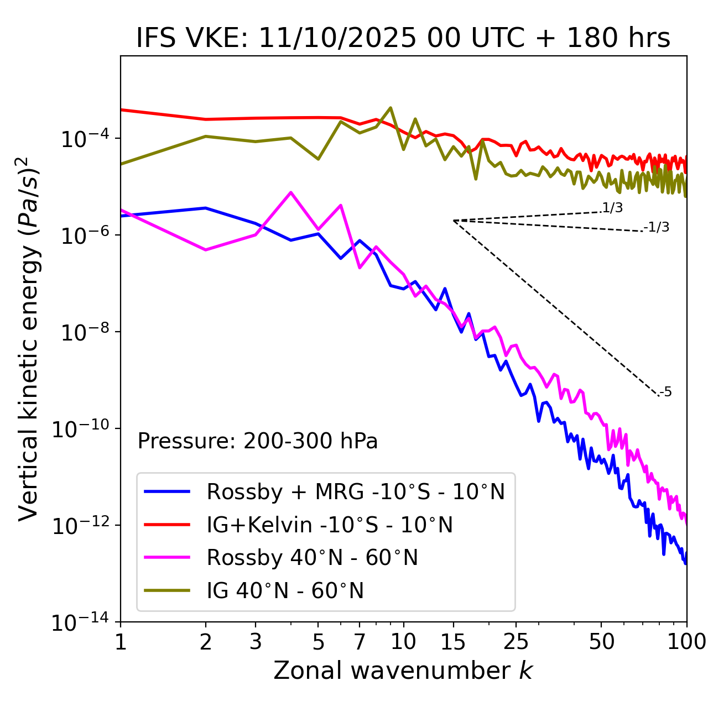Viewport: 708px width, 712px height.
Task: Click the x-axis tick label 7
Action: tap(360, 641)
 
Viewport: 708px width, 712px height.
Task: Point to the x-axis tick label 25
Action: tap(516, 641)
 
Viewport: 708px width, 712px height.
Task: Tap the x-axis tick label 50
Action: tap(601, 641)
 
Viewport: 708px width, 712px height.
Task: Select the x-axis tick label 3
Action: tap(256, 641)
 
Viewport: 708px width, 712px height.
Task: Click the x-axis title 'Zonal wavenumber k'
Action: tap(403, 671)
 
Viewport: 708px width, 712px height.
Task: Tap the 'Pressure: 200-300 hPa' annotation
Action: tap(258, 441)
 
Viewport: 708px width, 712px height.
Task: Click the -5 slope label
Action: tap(665, 392)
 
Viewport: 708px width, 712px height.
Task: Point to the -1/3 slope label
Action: tap(657, 227)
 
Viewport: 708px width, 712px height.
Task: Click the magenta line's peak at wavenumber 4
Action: tap(291, 192)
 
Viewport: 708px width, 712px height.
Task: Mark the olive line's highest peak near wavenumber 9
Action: tap(391, 108)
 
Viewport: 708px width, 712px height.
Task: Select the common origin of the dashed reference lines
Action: tap(453, 221)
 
